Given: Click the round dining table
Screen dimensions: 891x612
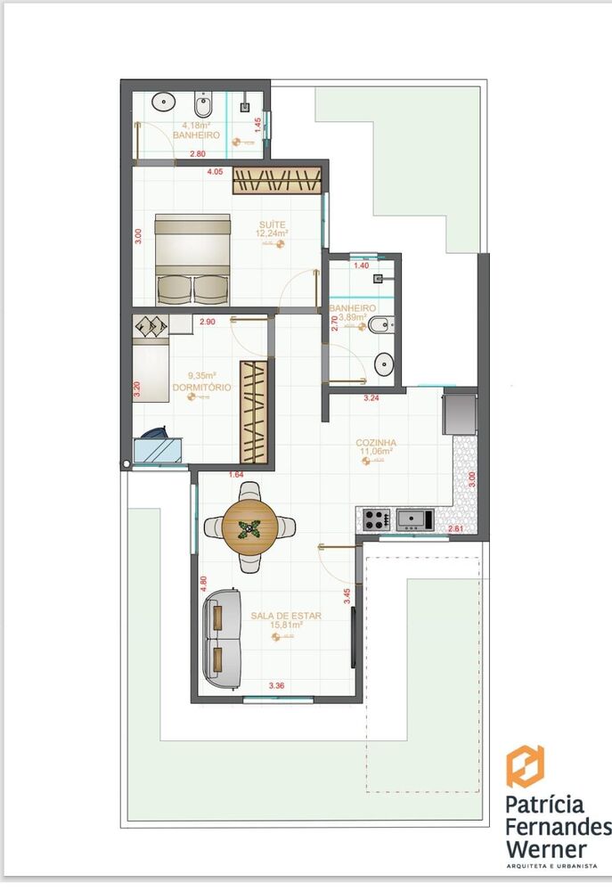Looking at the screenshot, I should [250, 527].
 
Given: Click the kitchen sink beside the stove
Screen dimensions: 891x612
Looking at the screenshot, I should [414, 519].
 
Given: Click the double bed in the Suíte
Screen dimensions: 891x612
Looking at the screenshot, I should [192, 257].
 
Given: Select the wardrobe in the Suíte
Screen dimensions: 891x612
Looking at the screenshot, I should [276, 180].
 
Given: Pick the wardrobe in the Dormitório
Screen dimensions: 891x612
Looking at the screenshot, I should [254, 412].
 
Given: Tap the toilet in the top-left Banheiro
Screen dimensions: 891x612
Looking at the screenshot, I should [202, 107].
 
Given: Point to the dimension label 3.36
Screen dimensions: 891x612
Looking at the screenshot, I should [277, 686].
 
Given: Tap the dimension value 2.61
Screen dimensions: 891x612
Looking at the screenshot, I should [454, 529].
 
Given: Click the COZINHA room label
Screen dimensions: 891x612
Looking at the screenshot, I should [376, 442].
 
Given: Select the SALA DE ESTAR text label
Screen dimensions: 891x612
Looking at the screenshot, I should [286, 615].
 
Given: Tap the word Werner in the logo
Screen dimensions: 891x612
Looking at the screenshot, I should [545, 847].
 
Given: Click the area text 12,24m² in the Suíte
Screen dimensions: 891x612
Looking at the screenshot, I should [272, 233].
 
